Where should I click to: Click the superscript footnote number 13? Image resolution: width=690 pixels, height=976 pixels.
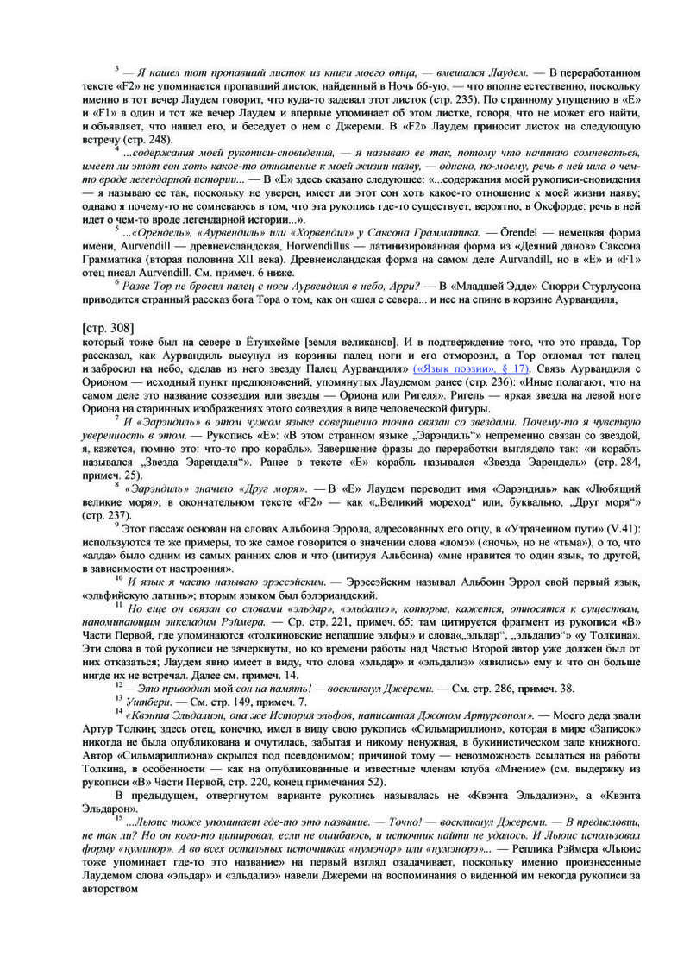click(118, 695)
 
